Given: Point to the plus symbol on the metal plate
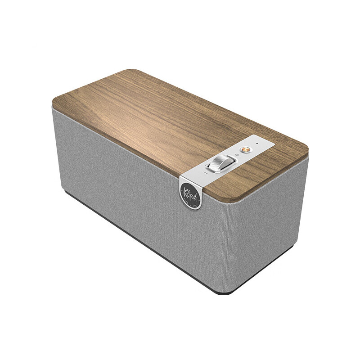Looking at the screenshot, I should pyautogui.click(x=237, y=155).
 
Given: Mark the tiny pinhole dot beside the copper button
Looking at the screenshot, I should pyautogui.click(x=257, y=144).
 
